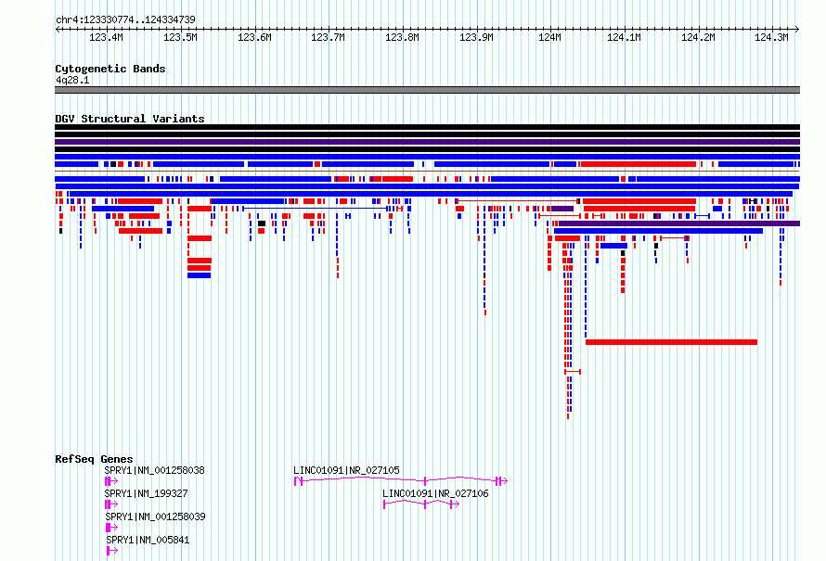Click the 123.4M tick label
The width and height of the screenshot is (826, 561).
click(x=107, y=37)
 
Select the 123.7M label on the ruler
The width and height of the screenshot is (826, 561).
click(x=329, y=37)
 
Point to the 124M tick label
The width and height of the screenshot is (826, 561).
click(x=550, y=37)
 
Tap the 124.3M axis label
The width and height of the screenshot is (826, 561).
click(x=772, y=37)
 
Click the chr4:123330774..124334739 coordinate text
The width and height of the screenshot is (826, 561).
click(x=125, y=20)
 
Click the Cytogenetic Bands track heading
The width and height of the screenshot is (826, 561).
click(x=110, y=69)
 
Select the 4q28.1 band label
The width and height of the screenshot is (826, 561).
click(x=72, y=80)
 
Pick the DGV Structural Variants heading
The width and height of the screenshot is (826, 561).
click(x=130, y=119)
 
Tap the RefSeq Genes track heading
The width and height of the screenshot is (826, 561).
click(x=94, y=459)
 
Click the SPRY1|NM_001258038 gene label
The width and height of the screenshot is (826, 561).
click(x=154, y=470)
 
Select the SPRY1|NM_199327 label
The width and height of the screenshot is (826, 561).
click(x=146, y=493)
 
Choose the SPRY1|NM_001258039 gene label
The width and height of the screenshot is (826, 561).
click(x=155, y=516)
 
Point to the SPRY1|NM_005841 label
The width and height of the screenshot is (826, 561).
click(x=148, y=540)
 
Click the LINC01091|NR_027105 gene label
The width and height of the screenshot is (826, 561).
click(x=346, y=470)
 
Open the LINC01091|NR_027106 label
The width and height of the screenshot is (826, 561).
click(x=435, y=493)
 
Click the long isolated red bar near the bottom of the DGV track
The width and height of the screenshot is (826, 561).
click(x=671, y=342)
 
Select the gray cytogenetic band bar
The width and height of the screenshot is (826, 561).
click(x=427, y=90)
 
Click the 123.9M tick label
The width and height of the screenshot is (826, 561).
click(x=476, y=37)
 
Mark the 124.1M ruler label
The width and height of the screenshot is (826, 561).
click(x=624, y=37)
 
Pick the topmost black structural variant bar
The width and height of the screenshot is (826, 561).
click(x=427, y=127)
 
